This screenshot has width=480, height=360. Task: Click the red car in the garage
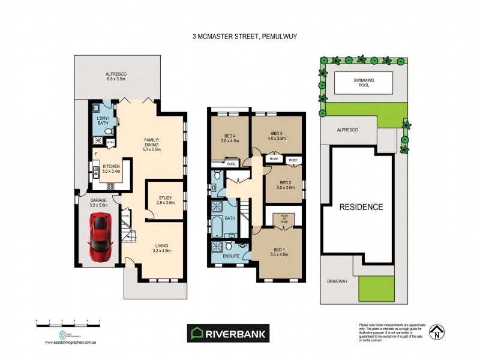[x=100, y=238]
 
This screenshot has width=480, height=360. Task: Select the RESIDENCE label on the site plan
[x=361, y=208]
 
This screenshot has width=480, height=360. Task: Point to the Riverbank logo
[x=230, y=333]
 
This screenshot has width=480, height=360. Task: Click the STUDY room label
[x=165, y=201]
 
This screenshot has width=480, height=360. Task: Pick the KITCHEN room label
[x=112, y=169]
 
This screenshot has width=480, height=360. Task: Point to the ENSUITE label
[x=231, y=256]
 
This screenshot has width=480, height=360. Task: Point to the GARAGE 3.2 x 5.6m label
[x=98, y=203]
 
